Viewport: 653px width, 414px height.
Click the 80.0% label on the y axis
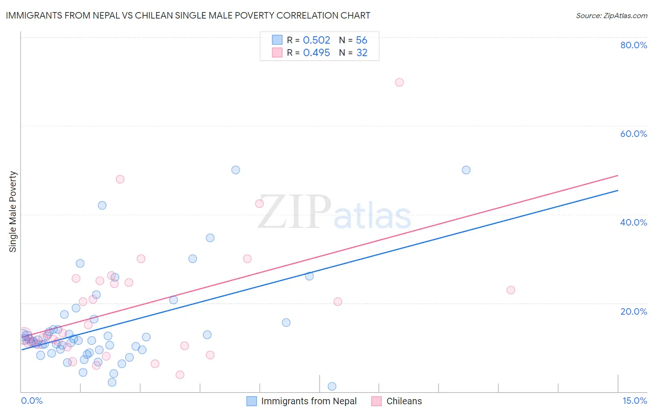633,45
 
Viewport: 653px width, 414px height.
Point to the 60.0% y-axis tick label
633,134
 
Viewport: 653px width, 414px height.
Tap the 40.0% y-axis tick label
633,222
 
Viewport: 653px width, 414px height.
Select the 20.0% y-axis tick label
633,311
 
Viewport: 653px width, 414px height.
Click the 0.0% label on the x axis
32,401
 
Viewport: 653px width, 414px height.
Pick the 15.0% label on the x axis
634,401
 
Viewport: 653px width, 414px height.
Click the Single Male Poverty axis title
13,212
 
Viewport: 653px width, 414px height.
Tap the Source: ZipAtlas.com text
611,15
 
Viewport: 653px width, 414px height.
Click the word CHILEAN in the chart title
155,15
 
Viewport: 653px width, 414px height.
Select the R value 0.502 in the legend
316,40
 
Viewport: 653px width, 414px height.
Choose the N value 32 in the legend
362,53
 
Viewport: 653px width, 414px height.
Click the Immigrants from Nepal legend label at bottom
309,401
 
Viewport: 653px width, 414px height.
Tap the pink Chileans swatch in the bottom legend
377,401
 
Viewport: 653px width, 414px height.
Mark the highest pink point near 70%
399,83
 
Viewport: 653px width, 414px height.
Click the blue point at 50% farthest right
466,170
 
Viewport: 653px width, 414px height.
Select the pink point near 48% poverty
120,179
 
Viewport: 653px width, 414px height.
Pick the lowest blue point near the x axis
332,386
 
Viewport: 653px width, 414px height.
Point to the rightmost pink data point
510,290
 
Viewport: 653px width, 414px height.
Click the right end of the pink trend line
618,175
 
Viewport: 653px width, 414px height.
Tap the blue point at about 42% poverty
102,205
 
